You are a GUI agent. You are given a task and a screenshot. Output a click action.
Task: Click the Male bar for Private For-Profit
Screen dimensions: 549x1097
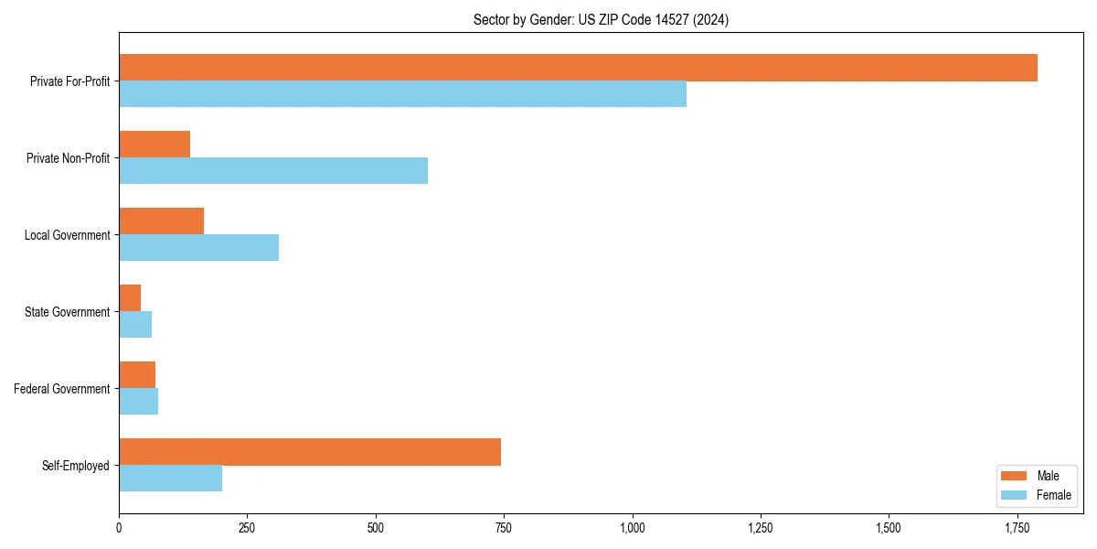pos(578,68)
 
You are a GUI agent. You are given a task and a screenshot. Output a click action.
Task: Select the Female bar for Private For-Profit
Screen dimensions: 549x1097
pos(402,94)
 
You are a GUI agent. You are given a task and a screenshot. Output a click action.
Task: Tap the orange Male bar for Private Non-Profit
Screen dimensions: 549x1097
pos(154,145)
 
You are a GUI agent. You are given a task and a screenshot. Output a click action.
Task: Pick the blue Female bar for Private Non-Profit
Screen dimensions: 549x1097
pos(273,171)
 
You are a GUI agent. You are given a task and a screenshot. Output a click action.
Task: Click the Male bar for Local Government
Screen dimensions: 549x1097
pos(161,221)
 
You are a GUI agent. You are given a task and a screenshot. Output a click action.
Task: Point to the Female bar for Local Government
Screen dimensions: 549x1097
pos(198,248)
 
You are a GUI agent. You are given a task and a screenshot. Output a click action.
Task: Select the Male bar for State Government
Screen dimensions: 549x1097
pos(130,298)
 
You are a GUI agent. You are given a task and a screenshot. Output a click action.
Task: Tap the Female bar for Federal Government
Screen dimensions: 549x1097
pos(138,402)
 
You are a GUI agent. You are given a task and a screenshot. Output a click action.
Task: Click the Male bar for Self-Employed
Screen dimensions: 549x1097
pos(310,452)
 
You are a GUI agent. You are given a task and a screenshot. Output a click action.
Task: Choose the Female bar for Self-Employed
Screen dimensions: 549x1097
pos(170,479)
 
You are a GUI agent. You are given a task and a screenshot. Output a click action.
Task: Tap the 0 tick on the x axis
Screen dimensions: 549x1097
pos(119,528)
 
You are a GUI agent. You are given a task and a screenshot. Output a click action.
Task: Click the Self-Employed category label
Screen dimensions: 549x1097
pos(76,466)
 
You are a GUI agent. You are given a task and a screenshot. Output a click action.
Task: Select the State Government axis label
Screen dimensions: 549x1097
pos(68,312)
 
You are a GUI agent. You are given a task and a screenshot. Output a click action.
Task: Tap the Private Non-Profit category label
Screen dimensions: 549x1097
pos(68,158)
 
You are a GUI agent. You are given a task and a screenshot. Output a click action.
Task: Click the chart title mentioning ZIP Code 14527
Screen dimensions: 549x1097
pos(601,19)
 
